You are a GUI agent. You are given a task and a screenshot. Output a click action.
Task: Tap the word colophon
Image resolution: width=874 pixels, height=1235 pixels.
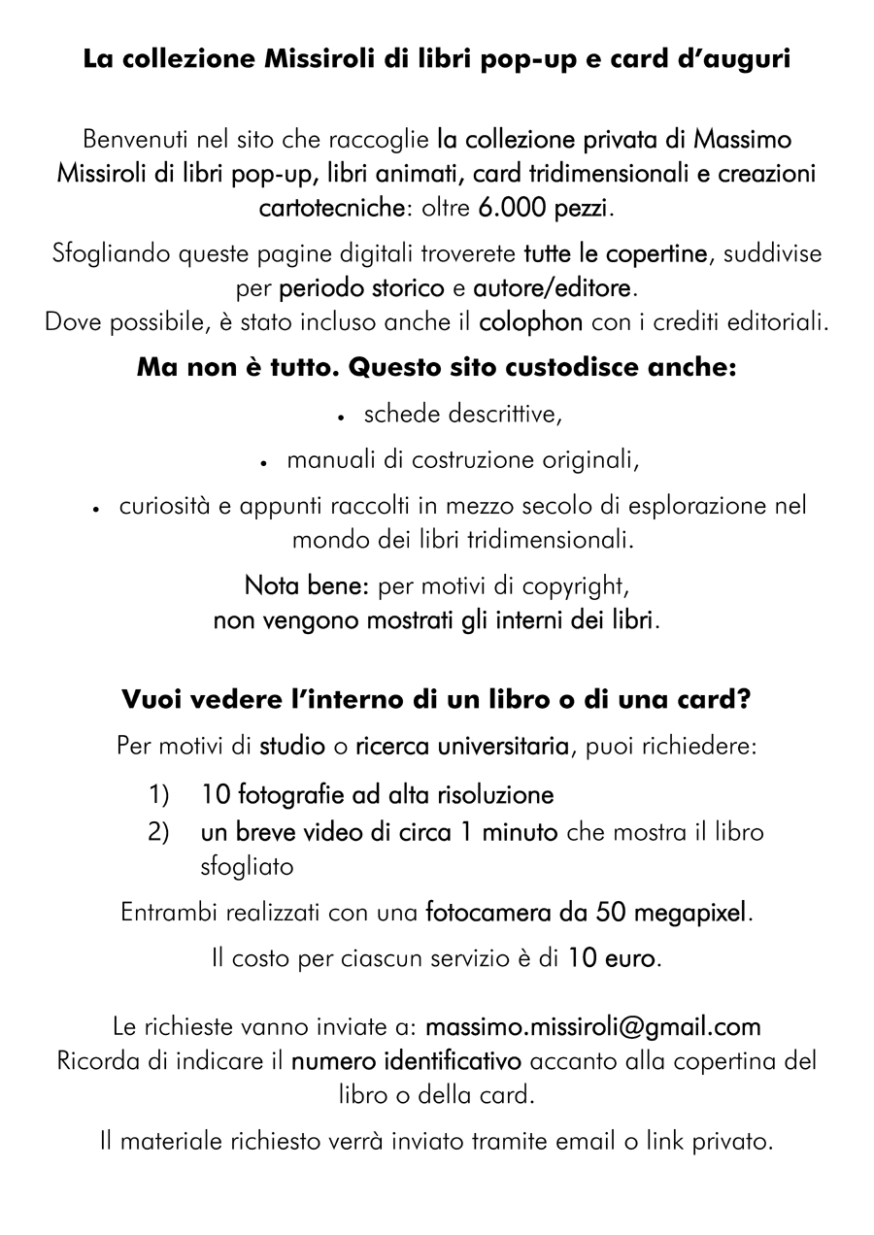click(x=531, y=322)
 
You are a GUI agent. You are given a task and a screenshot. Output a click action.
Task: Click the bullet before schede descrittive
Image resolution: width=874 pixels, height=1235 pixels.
click(x=342, y=417)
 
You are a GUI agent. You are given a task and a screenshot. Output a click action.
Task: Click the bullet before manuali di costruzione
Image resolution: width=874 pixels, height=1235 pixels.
click(x=264, y=462)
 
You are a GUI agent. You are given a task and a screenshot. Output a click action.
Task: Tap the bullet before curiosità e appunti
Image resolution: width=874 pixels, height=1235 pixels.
click(x=97, y=508)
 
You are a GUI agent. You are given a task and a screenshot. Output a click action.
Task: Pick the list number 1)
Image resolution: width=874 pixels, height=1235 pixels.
click(x=159, y=795)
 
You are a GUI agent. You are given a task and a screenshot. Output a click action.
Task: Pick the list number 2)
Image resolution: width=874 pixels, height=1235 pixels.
click(x=159, y=832)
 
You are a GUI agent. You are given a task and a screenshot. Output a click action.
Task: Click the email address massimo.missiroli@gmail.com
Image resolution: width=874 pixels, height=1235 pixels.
click(x=593, y=1026)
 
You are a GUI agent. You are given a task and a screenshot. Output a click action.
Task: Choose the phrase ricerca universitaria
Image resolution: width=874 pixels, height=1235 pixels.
click(x=462, y=748)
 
